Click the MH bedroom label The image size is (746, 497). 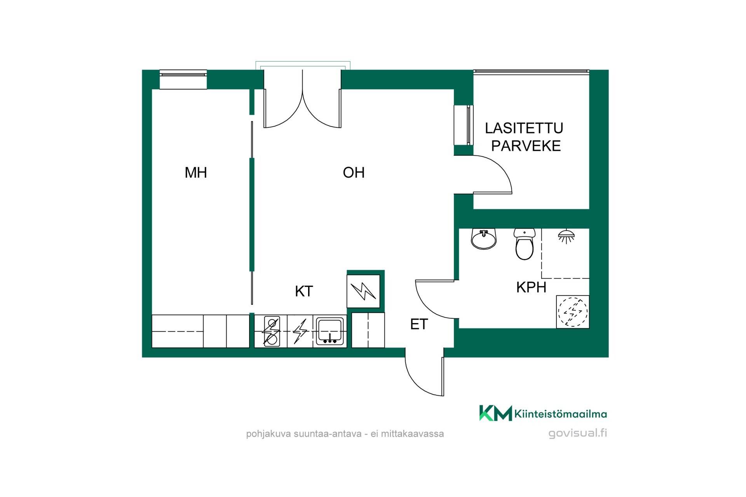coord(196,172)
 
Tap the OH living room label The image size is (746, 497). coord(354,172)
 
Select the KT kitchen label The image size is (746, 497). coord(304,291)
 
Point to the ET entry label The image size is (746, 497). coord(419,324)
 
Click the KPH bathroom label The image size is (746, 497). coord(531,287)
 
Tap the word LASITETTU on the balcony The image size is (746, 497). coord(524,128)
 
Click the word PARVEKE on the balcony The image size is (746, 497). coord(526,146)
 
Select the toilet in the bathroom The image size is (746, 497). coord(525,244)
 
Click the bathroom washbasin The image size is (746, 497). coord(484,239)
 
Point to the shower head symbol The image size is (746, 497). coord(566,236)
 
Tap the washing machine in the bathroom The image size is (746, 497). coord(573,312)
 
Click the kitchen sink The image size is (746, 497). coord(330,331)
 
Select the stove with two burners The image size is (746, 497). coord(271,331)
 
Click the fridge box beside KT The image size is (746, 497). coord(364,291)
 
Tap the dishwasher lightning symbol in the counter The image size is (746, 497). coord(300,331)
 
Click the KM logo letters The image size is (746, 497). coord(495,413)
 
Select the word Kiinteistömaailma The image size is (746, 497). coord(561,414)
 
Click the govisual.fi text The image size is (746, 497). coord(578,433)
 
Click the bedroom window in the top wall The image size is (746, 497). coord(183,80)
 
